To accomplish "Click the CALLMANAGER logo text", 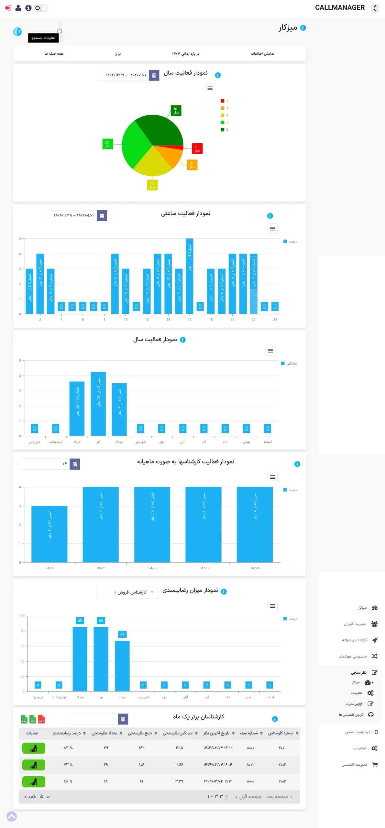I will pyautogui.click(x=340, y=7).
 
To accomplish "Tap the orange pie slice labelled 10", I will pyautogui.click(x=170, y=155).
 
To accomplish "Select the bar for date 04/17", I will pyautogui.click(x=49, y=534).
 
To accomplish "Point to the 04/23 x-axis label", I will pyautogui.click(x=204, y=568).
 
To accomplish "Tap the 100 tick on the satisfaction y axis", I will pyautogui.click(x=22, y=616).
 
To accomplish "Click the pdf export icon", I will pyautogui.click(x=41, y=719).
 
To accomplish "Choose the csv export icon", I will pyautogui.click(x=24, y=719).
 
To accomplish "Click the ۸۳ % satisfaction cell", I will pyautogui.click(x=68, y=748).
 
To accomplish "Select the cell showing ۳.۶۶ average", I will pyautogui.click(x=179, y=765).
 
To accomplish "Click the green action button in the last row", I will pyautogui.click(x=34, y=781).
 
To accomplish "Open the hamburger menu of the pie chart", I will pyautogui.click(x=210, y=88).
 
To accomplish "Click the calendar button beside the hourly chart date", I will pyautogui.click(x=102, y=216).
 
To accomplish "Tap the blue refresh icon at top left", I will pyautogui.click(x=17, y=31).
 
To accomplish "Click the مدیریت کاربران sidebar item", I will pyautogui.click(x=355, y=624).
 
